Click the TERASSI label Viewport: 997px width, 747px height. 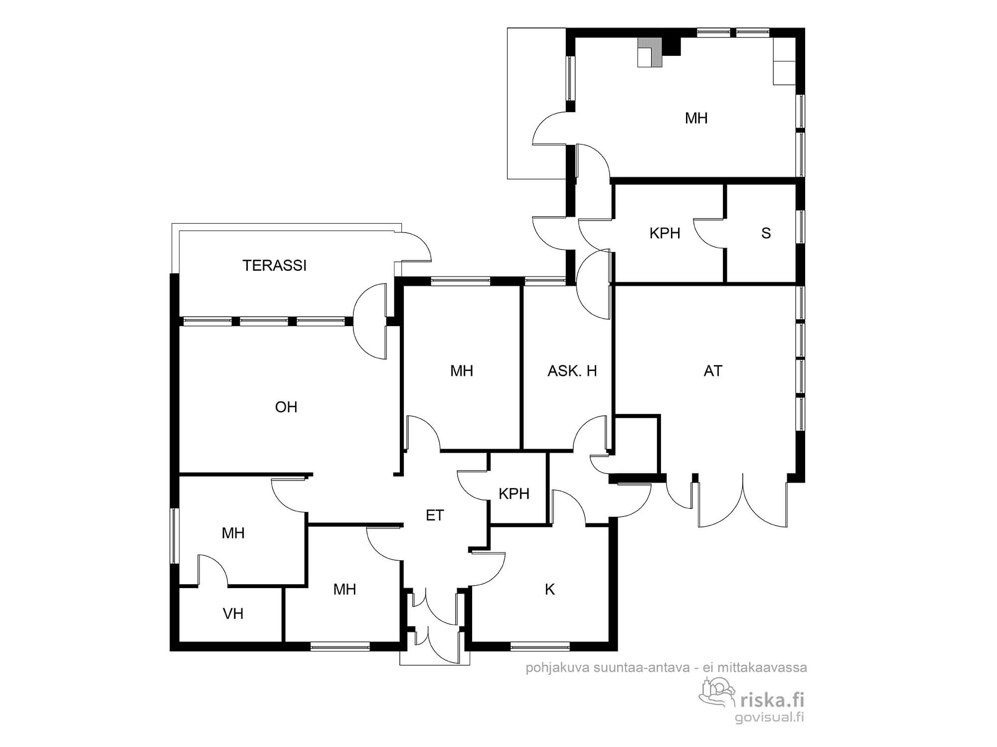274,265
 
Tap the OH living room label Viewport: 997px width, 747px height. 286,407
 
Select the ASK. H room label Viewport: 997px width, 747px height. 572,371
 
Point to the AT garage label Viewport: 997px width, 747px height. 713,371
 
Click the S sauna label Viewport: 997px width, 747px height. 766,233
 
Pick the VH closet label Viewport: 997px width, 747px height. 233,614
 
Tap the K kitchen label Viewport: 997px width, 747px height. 550,590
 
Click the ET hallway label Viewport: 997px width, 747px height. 435,515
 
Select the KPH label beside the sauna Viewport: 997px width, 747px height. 665,233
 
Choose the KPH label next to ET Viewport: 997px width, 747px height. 514,494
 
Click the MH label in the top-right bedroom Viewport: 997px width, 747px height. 696,118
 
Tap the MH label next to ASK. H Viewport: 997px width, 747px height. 462,371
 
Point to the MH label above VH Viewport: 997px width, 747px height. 233,533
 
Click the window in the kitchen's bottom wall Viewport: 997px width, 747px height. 540,646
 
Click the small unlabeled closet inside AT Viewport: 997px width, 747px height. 637,445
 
